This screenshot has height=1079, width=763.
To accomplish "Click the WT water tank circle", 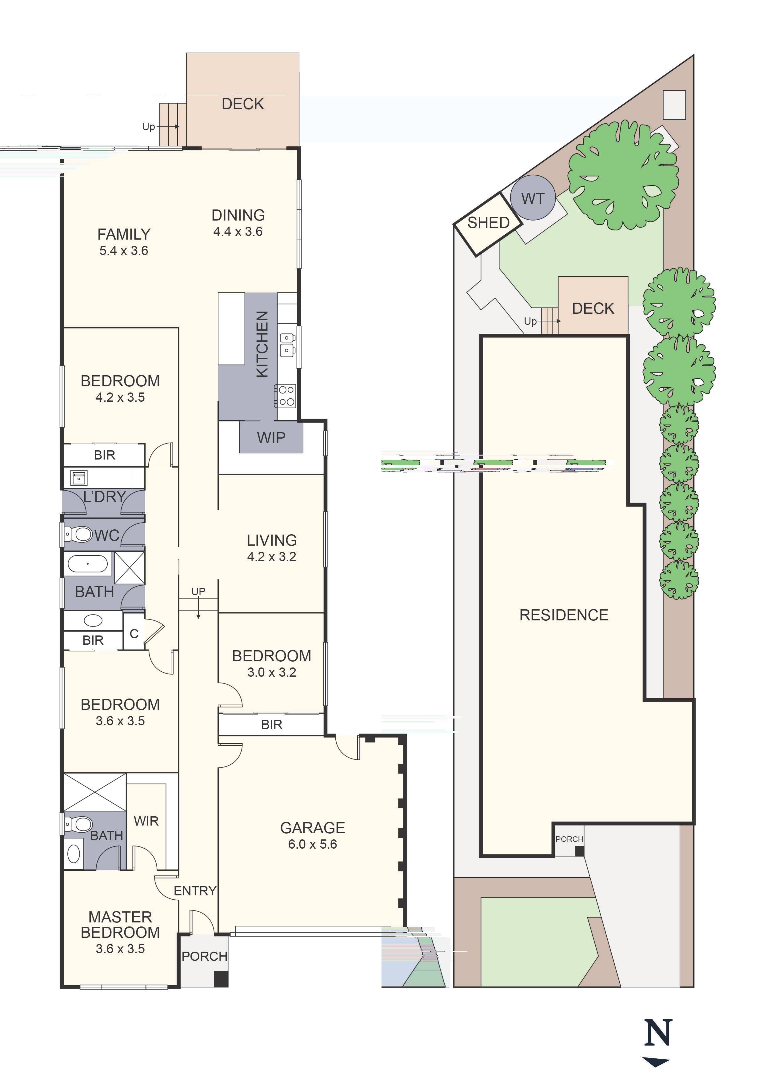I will [533, 198].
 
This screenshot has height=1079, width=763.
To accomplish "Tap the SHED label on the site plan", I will [489, 223].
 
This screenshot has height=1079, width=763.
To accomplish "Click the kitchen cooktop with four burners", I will [286, 396].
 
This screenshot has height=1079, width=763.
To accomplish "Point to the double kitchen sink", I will [287, 344].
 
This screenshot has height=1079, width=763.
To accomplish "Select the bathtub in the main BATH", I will [87, 563].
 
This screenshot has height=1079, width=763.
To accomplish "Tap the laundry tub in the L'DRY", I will [78, 478].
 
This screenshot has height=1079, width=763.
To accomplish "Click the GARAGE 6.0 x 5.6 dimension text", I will [313, 845].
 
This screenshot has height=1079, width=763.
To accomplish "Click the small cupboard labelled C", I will [134, 634].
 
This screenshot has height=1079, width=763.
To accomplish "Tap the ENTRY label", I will [195, 891].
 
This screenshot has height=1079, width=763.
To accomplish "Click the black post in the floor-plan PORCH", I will [221, 979].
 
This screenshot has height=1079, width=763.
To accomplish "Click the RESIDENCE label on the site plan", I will [564, 615].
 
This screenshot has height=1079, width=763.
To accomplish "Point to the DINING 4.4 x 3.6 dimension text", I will [238, 232].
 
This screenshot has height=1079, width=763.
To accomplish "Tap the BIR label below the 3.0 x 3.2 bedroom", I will [272, 725].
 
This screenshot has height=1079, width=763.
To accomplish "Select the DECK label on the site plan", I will [593, 309].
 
